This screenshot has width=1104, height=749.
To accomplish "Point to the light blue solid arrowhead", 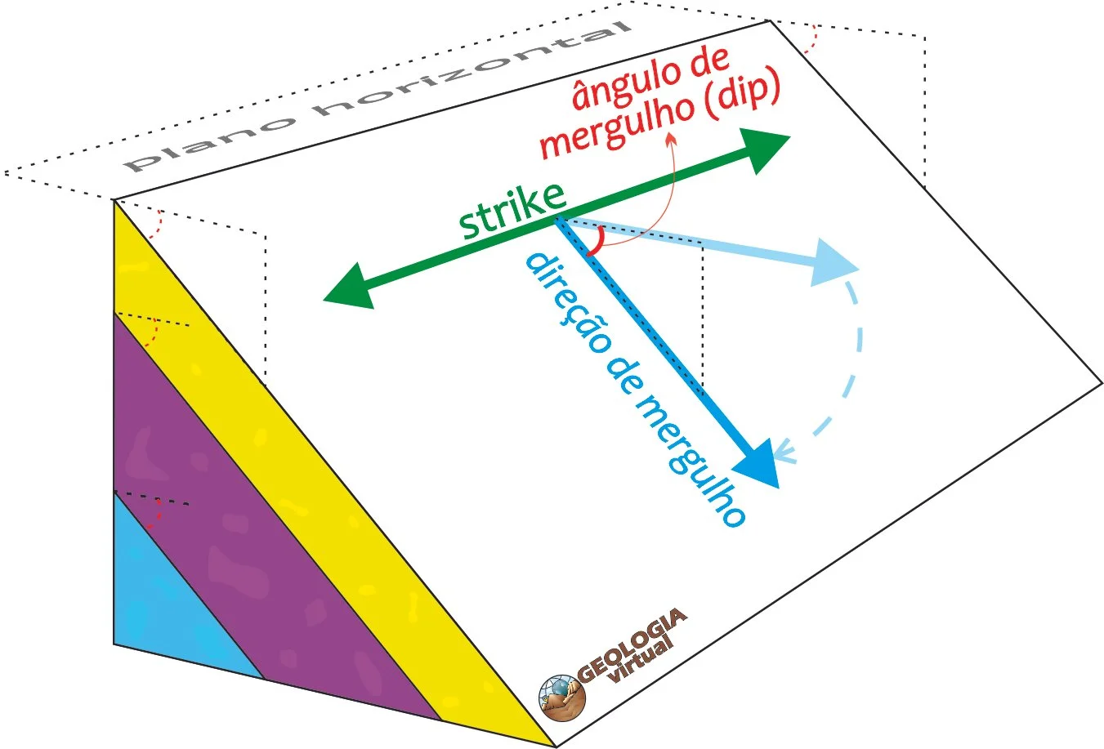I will (x=832, y=263).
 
